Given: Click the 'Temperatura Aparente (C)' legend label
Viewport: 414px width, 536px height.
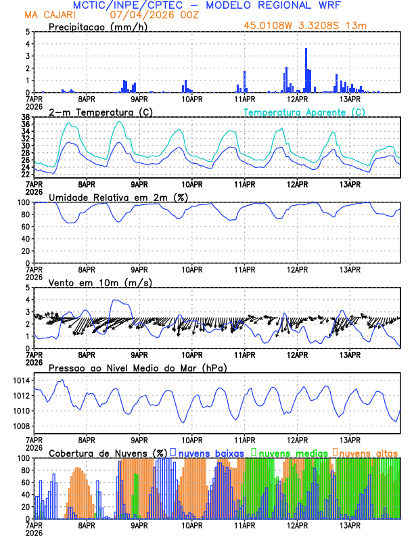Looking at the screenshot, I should coord(304,112).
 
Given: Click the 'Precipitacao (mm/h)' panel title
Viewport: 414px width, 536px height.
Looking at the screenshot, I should coord(98,26).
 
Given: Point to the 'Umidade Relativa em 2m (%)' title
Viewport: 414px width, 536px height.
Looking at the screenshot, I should coord(118,197).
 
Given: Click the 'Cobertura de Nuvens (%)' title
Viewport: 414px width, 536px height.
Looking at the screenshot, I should coord(108,452).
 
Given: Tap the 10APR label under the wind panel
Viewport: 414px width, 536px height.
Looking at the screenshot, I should coord(191,354).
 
